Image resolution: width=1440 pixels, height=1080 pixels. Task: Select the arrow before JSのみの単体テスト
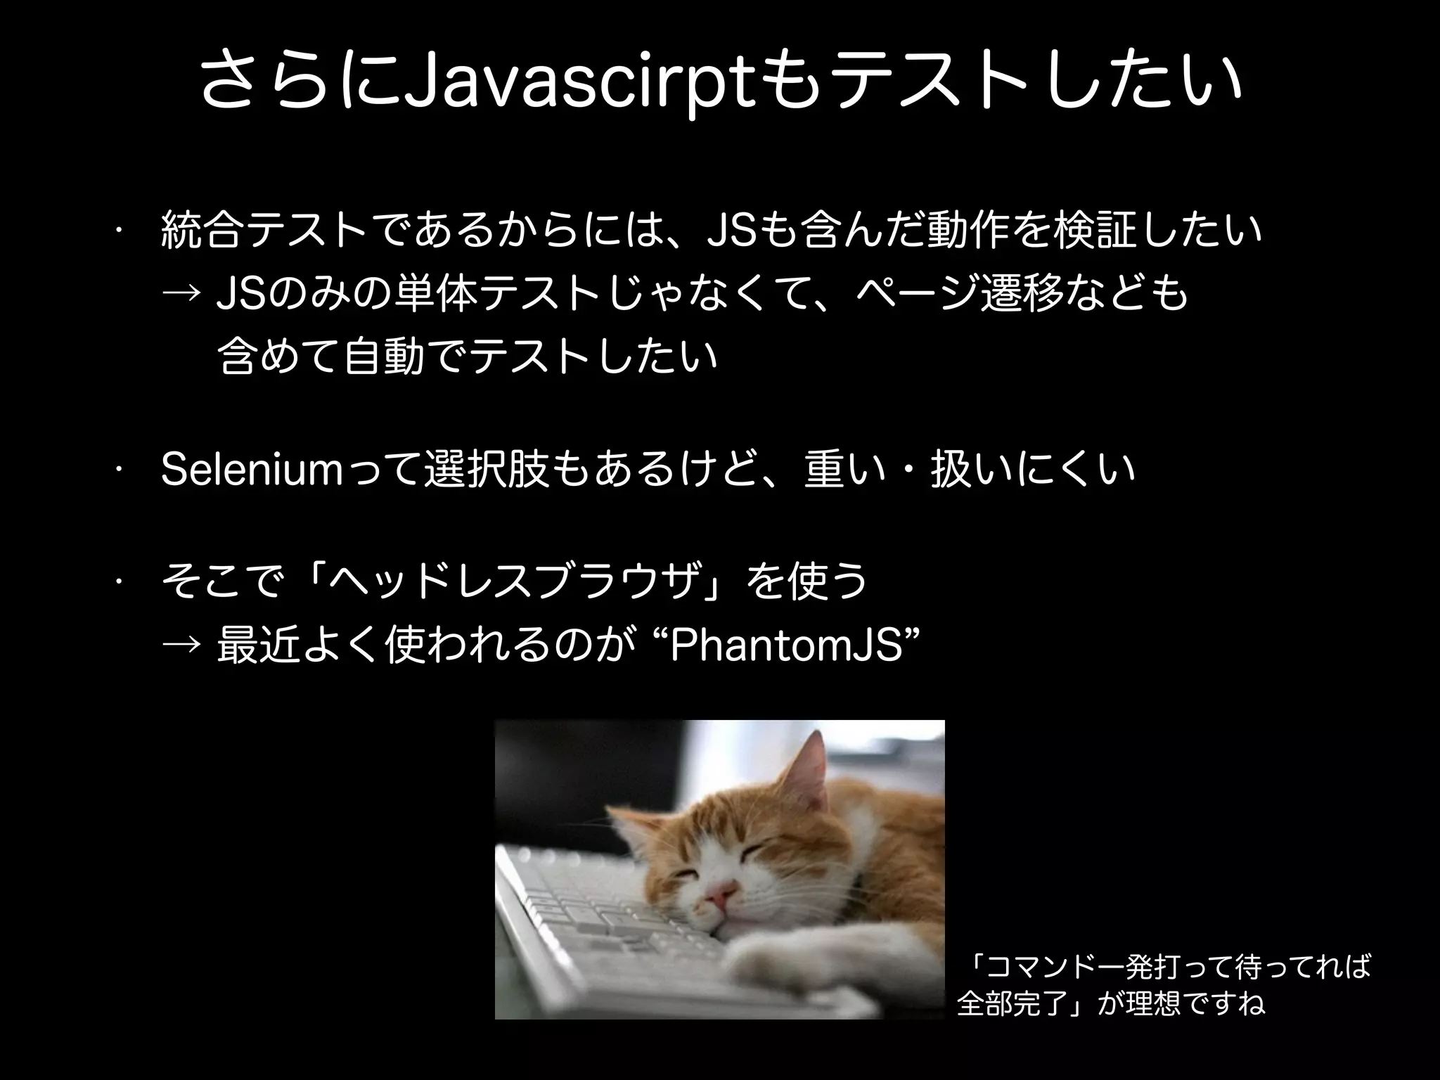[184, 295]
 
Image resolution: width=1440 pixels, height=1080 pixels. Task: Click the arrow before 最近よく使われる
[184, 646]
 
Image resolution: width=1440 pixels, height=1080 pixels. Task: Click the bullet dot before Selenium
[121, 468]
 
